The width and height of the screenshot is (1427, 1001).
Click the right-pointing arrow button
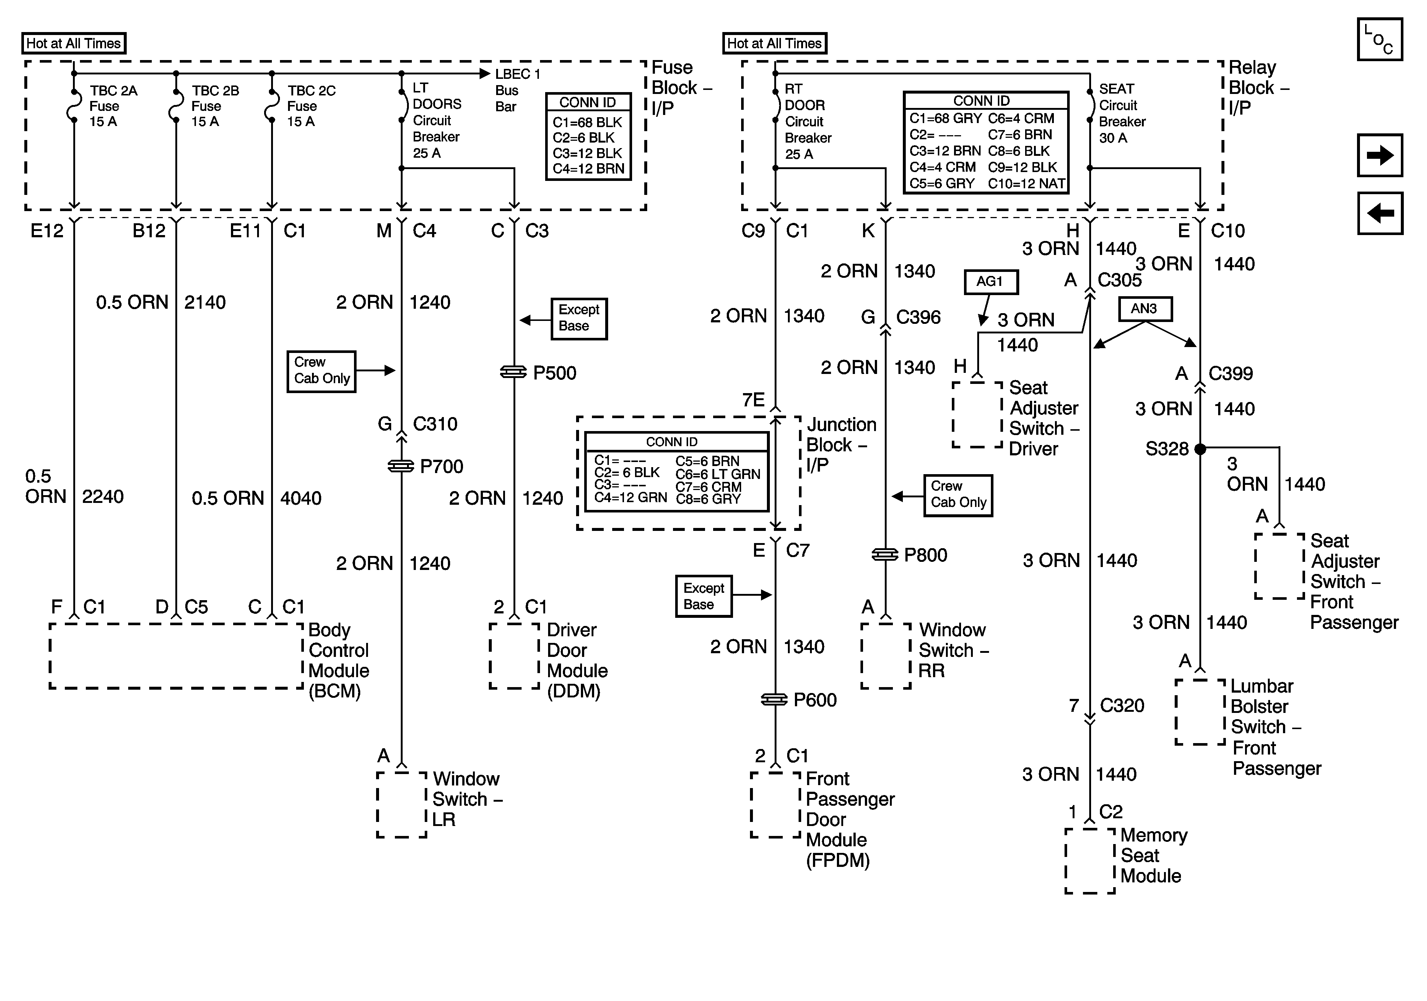point(1380,155)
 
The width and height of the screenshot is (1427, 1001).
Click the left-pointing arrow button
point(1380,213)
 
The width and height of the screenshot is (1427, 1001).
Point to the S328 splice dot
point(1200,448)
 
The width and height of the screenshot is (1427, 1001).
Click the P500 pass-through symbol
point(514,372)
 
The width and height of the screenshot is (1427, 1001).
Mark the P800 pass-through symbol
point(885,554)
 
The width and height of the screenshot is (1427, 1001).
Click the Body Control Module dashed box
point(176,656)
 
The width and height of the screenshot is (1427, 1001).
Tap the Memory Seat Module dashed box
point(1090,861)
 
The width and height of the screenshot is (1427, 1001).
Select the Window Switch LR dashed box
point(402,805)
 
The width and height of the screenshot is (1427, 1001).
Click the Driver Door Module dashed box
point(514,656)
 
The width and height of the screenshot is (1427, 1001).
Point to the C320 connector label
point(1122,706)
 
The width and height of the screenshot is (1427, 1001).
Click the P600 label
point(815,700)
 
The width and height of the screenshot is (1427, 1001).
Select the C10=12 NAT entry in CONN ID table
point(1026,183)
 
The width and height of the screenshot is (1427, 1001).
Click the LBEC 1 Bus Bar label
point(517,90)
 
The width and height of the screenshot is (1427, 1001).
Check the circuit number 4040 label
point(301,498)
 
